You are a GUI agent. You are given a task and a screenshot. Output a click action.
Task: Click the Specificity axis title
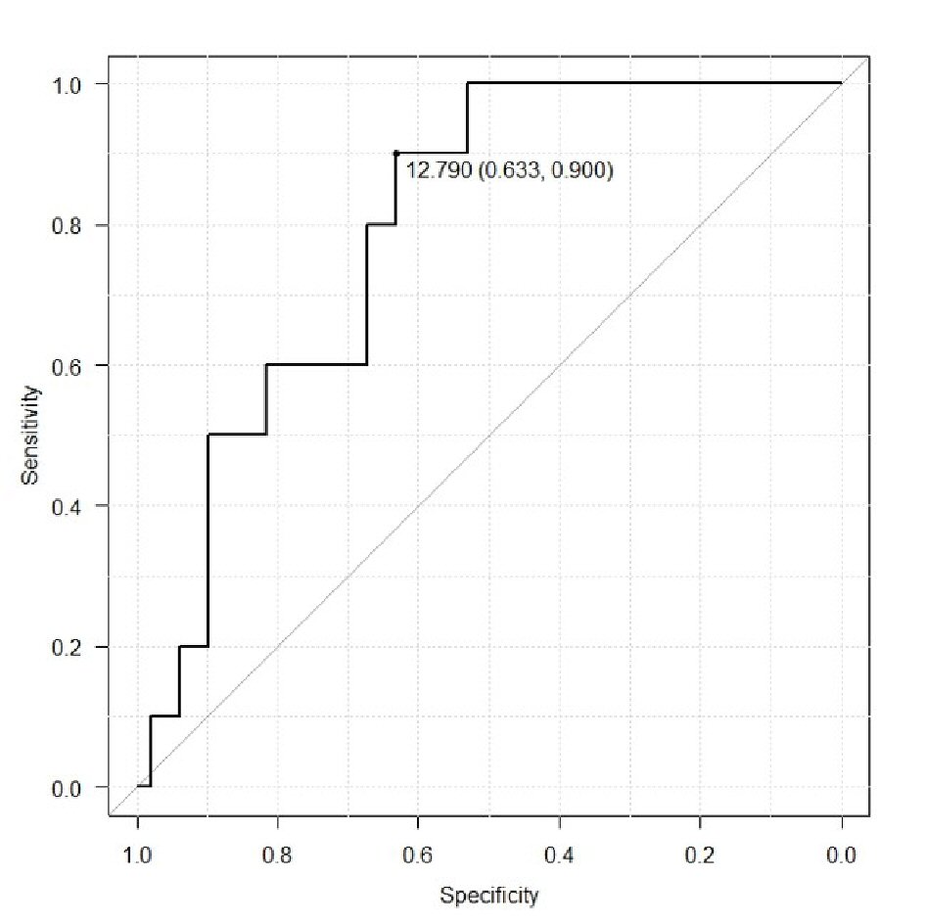pos(488,895)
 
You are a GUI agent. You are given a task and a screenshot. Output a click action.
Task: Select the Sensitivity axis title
pos(32,435)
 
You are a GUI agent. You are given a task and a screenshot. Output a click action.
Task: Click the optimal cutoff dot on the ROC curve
pos(395,153)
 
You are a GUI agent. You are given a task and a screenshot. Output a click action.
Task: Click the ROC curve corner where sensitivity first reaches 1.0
pos(468,83)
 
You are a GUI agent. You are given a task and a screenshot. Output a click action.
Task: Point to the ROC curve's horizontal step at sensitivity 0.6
pos(316,364)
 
